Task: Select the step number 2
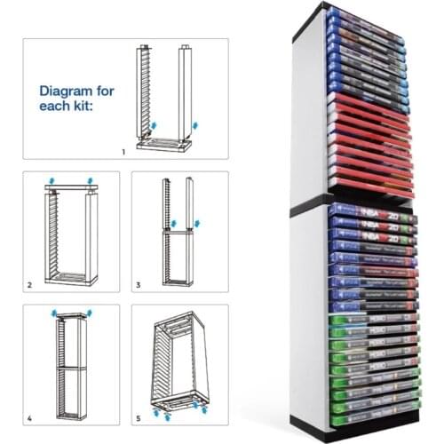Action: pyautogui.click(x=30, y=285)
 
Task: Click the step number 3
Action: pyautogui.click(x=138, y=285)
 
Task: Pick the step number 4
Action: pyautogui.click(x=30, y=416)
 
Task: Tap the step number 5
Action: pyautogui.click(x=138, y=416)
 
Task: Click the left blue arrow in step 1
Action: pyautogui.click(x=156, y=127)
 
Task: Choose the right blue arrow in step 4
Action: pyautogui.click(x=89, y=313)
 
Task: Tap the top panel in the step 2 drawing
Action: pyautogui.click(x=71, y=189)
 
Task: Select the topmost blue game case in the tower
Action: pyautogui.click(x=371, y=15)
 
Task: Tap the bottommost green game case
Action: pyautogui.click(x=371, y=410)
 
